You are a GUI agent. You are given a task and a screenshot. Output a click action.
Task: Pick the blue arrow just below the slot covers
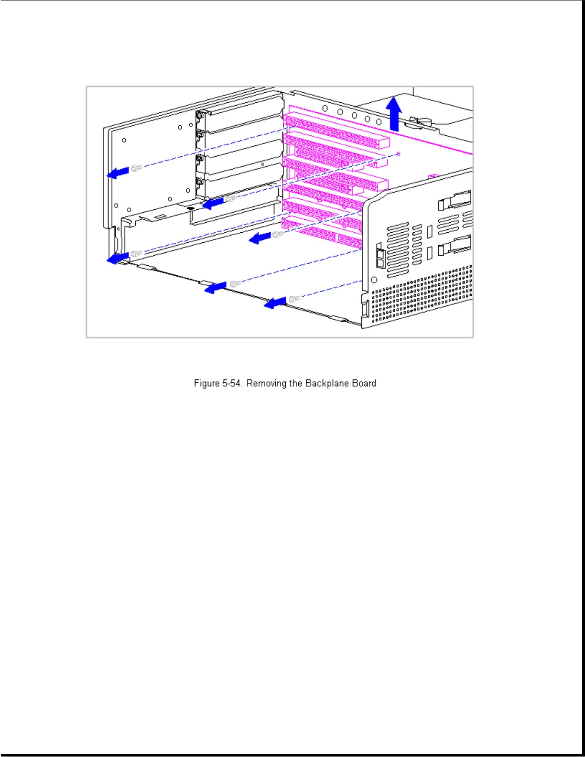click(x=213, y=203)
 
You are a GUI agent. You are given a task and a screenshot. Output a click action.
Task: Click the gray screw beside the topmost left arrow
click(x=136, y=168)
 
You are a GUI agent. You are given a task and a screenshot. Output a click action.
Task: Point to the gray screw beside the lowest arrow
click(x=294, y=299)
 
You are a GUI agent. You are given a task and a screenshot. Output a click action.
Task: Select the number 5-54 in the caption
click(x=232, y=383)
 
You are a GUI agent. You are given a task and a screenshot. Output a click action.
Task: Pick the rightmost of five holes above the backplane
click(x=379, y=122)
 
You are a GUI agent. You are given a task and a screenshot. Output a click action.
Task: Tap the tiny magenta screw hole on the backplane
click(x=399, y=154)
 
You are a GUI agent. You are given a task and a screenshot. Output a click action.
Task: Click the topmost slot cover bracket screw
click(x=199, y=114)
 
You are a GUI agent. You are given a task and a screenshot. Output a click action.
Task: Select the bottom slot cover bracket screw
click(x=199, y=181)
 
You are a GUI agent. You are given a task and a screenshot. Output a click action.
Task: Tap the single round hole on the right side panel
click(x=374, y=280)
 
